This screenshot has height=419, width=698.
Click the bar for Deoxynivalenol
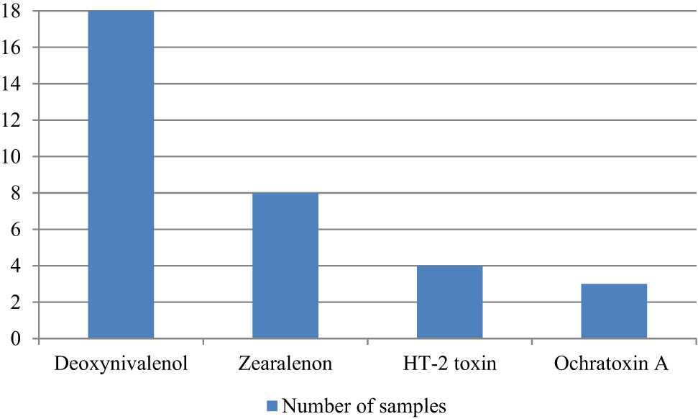(121, 174)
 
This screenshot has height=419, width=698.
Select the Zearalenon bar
(285, 266)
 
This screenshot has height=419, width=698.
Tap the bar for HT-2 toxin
(449, 302)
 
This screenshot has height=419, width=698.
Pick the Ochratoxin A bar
(614, 311)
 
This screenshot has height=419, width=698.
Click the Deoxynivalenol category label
(121, 364)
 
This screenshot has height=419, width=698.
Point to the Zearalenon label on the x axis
(285, 364)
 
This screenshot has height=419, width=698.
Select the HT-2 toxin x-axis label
(449, 364)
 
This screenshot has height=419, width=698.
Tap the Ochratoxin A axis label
(612, 364)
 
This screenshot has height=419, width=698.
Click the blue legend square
(272, 407)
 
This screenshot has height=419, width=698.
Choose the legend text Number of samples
(364, 407)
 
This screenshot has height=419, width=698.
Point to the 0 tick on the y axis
(16, 339)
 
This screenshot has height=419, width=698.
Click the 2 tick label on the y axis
(16, 302)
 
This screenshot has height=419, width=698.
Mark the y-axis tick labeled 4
(16, 266)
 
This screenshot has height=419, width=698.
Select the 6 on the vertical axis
(16, 230)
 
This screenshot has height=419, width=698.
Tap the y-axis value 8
(16, 194)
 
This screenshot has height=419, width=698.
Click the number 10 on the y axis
(12, 157)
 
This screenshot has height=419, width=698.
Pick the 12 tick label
(12, 121)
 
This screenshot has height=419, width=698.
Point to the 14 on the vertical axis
(12, 84)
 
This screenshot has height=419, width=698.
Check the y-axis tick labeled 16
(12, 48)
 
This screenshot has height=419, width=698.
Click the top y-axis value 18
(12, 12)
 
